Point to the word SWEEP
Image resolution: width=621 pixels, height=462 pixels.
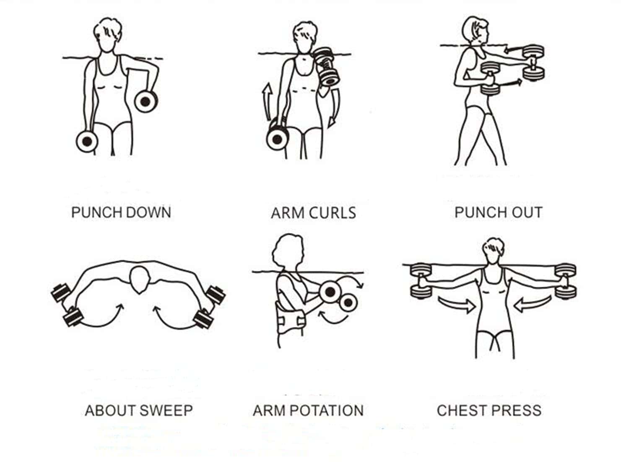[x=166, y=410]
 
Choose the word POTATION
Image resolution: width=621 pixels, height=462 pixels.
[x=327, y=410]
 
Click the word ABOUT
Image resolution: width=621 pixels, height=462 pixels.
[x=111, y=410]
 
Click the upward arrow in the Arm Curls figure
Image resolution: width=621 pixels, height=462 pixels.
[x=267, y=101]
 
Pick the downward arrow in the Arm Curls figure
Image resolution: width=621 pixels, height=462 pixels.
[x=335, y=108]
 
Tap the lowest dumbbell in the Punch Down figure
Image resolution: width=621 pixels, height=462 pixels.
[x=87, y=141]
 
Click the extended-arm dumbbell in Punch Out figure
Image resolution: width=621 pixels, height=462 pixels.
[x=533, y=63]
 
